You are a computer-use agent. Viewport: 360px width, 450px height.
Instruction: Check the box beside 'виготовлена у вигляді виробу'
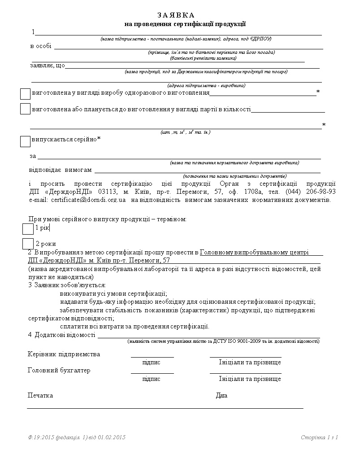[x=25, y=94]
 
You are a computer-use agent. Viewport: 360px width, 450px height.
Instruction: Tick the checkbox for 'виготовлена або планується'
[x=25, y=109]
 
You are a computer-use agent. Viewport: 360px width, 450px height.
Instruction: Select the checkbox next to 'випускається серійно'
[x=25, y=141]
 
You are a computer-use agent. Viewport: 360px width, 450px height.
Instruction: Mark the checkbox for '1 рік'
[x=28, y=229]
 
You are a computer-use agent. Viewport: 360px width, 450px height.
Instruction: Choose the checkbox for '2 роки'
[x=28, y=244]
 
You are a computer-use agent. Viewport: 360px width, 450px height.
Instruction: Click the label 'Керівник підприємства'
[x=64, y=354]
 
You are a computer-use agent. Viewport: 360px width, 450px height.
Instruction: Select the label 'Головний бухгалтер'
[x=59, y=371]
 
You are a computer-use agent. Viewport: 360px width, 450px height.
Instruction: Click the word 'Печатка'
[x=40, y=395]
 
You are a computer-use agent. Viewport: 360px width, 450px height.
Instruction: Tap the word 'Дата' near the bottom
[x=221, y=395]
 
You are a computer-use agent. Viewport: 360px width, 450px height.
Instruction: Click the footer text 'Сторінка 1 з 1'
[x=319, y=437]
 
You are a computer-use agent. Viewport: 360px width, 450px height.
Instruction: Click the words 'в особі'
[x=41, y=46]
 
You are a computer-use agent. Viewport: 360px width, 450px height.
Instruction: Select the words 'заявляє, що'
[x=48, y=66]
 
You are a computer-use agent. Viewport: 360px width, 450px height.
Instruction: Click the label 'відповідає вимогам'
[x=60, y=170]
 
